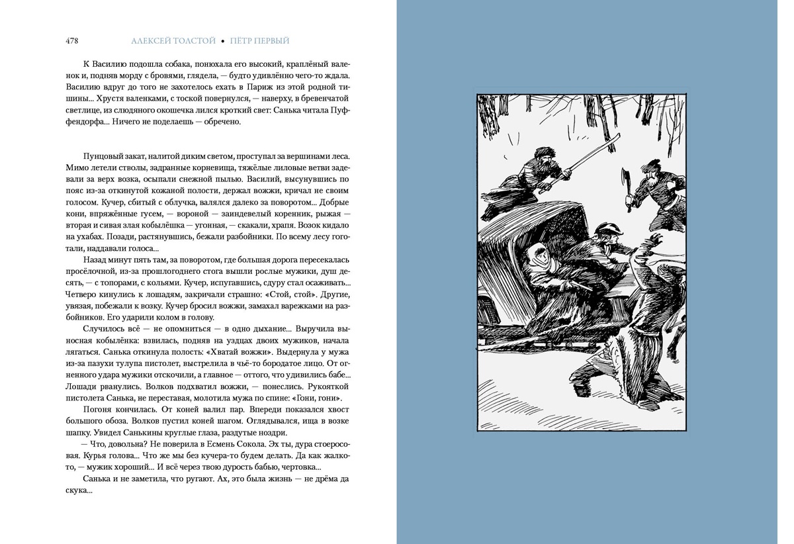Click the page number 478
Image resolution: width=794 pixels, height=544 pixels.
pyautogui.click(x=72, y=41)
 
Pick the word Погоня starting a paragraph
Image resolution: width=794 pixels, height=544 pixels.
pyautogui.click(x=97, y=410)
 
